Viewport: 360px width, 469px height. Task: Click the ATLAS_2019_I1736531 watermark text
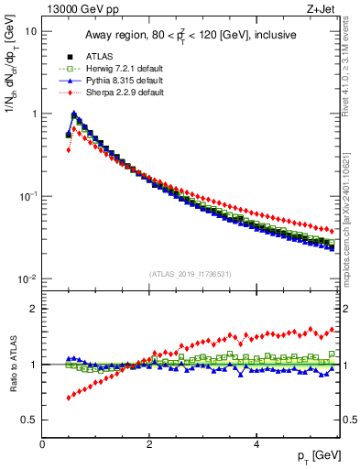pos(190,274)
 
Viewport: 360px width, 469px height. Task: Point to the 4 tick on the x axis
pos(256,445)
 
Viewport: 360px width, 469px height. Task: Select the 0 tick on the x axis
pos(43,445)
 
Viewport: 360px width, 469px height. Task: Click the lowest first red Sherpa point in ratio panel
pos(69,398)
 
